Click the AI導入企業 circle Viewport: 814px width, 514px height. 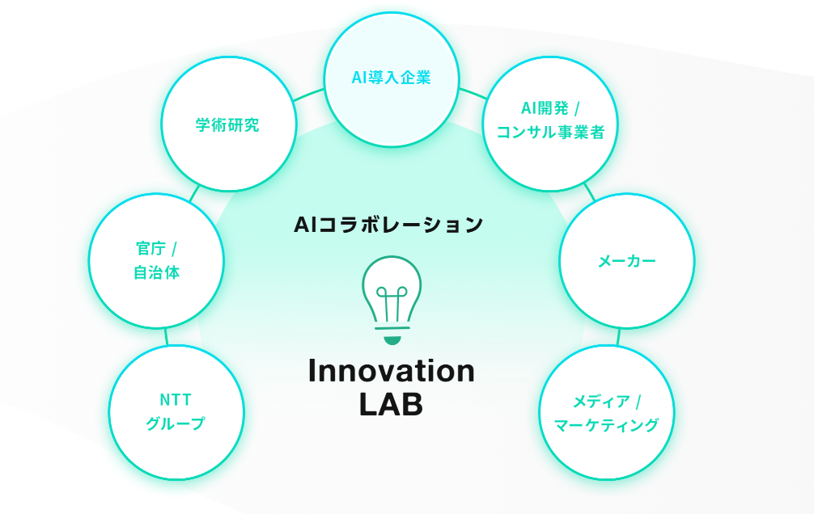392,79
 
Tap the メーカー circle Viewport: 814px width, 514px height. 627,260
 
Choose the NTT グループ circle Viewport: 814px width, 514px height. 176,412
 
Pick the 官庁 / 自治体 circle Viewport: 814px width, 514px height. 156,260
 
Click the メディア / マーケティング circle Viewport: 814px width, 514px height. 606,413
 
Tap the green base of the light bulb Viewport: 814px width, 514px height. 392,339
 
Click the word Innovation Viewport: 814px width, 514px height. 392,371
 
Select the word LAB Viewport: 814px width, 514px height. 391,404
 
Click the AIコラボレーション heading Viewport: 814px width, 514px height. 388,224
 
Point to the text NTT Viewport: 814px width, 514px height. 176,399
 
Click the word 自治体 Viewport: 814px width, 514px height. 156,273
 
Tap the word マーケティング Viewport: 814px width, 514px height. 606,425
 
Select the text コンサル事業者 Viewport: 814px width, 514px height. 550,133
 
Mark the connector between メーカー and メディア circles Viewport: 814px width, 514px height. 619,336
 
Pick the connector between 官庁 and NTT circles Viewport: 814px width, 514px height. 166,336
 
